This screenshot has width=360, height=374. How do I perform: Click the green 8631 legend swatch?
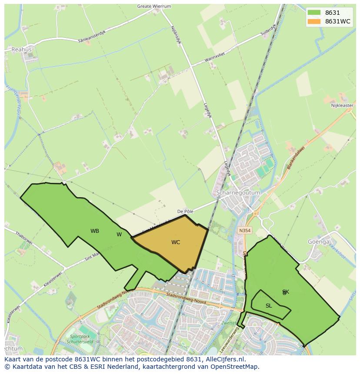[x=313, y=13]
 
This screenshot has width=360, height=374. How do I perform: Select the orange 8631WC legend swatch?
[x=313, y=21]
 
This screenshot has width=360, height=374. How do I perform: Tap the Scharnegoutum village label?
[x=238, y=192]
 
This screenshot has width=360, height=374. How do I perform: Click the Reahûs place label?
[x=21, y=50]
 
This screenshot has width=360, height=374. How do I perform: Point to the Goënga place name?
[x=319, y=242]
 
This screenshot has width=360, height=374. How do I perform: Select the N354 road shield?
[x=245, y=231]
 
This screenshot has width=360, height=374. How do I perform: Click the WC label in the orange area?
[x=176, y=242]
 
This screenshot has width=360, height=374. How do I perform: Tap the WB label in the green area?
[x=95, y=231]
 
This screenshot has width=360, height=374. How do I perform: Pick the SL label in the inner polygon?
[x=269, y=306]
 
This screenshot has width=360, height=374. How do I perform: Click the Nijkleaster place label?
[x=342, y=106]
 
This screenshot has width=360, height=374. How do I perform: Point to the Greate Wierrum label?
[x=154, y=7]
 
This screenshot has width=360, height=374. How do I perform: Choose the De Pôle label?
[x=185, y=212]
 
